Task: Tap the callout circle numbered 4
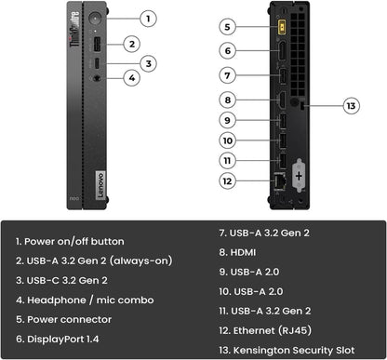(132, 78)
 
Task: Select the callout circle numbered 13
(351, 106)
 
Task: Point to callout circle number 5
(228, 26)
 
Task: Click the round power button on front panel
(95, 19)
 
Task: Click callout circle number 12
(228, 180)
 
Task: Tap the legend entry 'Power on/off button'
(70, 241)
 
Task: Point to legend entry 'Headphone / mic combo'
(86, 300)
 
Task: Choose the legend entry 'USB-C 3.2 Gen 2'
(62, 280)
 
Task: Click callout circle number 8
(228, 99)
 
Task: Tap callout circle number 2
(132, 43)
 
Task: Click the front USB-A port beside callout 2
(95, 44)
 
